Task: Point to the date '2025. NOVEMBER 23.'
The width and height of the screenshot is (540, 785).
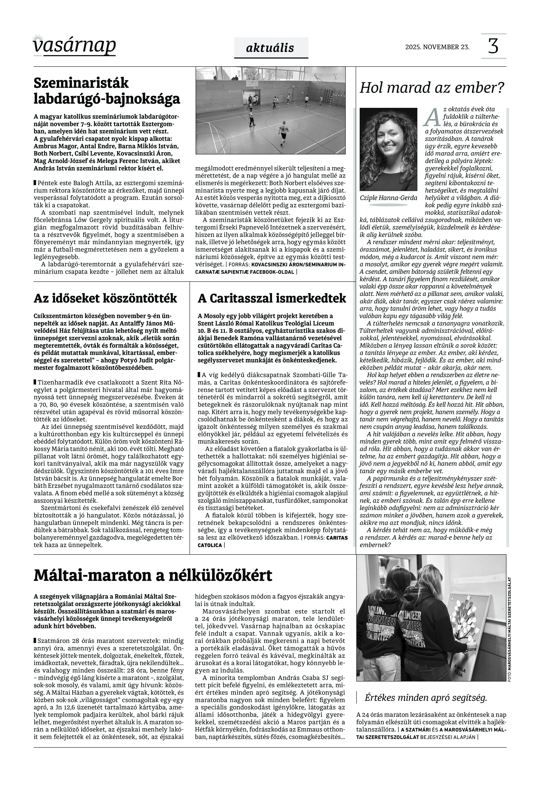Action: coord(437,47)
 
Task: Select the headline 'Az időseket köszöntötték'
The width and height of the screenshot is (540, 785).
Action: coord(105,298)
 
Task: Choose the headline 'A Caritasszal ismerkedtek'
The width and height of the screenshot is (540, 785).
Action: coord(272,298)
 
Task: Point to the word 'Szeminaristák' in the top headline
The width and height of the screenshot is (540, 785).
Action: coord(81,83)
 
